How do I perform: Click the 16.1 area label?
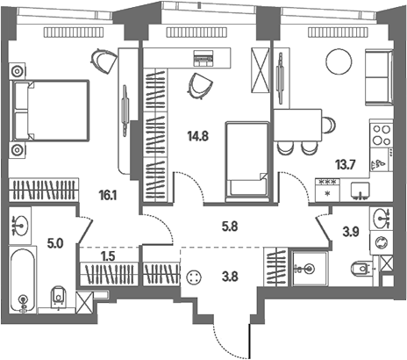coord(108,195)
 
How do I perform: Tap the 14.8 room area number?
coord(198,136)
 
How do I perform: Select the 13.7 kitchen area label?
coord(346,165)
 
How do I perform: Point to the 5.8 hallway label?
coord(230,227)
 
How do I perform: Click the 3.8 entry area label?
coord(230,277)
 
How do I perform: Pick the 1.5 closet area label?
coord(108,256)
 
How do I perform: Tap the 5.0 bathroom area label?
coord(55,243)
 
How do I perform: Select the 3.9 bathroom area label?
coord(351,232)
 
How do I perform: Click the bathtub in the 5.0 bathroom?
coord(23,280)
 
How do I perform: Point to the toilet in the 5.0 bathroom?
coord(59,296)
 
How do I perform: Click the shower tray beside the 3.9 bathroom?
coord(309,269)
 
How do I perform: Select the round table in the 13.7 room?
coord(339,61)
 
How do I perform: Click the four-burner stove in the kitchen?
coord(382,134)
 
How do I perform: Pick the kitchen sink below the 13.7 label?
coord(361,191)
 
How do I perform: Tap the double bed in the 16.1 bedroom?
coord(49,111)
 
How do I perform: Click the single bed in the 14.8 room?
coord(247,162)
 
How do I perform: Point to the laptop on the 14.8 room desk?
coord(203,56)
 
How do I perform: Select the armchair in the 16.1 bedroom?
coord(104,61)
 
